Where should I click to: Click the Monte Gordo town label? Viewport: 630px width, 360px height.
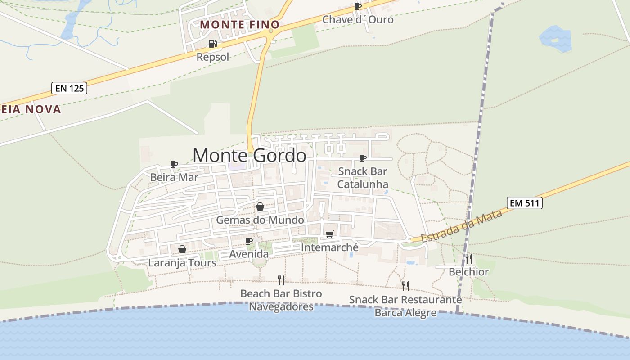[x=249, y=156]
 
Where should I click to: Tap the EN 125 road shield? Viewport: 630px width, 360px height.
[x=69, y=88]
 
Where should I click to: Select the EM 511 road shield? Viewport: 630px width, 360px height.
[x=525, y=203]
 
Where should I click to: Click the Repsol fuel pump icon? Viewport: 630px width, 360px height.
[x=212, y=44]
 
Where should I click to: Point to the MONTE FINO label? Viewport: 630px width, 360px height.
[x=240, y=24]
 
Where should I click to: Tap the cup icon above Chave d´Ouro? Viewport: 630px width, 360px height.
[x=358, y=6]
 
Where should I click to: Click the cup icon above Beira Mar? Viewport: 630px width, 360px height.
[x=174, y=164]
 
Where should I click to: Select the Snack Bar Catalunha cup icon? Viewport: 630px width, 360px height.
[x=363, y=158]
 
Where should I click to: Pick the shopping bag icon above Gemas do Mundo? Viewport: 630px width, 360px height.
[x=260, y=207]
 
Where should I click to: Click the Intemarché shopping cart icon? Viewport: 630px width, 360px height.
[x=330, y=234]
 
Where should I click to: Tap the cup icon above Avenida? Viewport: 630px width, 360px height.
[x=249, y=241]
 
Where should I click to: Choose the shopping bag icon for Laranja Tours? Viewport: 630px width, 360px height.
[x=182, y=249]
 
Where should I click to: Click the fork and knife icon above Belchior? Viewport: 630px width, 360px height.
[x=468, y=258]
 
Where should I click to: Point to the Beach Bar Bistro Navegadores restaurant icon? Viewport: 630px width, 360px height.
[x=281, y=280]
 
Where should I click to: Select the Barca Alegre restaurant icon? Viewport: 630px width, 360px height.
[x=405, y=286]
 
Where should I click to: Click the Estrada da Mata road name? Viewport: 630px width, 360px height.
[x=462, y=226]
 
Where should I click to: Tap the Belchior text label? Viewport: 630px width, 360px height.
[x=468, y=272]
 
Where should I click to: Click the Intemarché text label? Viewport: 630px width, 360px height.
[x=330, y=247]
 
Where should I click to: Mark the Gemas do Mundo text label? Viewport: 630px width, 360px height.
[x=260, y=220]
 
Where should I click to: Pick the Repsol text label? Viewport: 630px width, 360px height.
[x=213, y=57]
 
